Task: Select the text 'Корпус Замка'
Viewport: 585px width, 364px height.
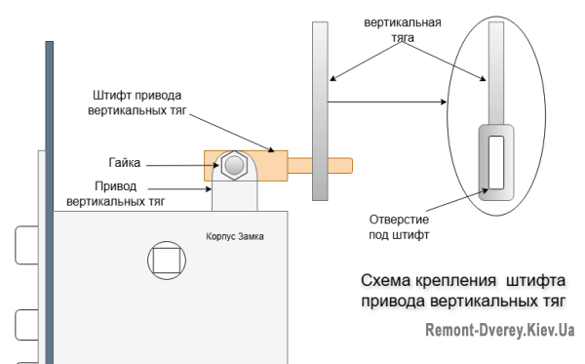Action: [235, 237]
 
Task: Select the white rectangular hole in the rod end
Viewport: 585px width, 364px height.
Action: [496, 162]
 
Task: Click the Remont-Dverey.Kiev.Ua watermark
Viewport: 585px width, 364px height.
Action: [499, 330]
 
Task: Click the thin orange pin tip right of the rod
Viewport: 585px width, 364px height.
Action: [342, 164]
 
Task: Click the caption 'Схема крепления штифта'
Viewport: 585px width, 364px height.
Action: [449, 280]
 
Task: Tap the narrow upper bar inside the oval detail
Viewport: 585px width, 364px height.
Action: [496, 73]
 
